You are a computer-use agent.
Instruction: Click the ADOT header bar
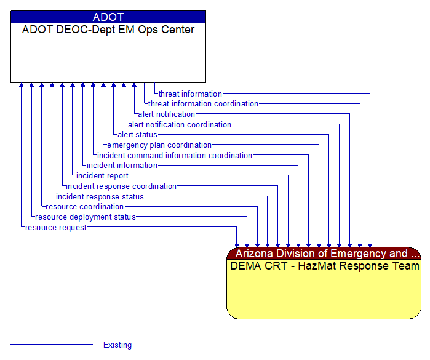(x=108, y=17)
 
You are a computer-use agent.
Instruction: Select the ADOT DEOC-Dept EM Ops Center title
(x=108, y=30)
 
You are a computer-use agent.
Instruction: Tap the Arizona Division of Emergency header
(x=324, y=254)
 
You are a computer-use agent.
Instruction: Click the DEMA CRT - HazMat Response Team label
(x=324, y=266)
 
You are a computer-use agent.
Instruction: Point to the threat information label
(x=190, y=94)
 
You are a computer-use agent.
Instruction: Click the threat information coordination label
(x=203, y=104)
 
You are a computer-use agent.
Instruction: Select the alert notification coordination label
(x=180, y=125)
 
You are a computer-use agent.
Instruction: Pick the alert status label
(x=137, y=135)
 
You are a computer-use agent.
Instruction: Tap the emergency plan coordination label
(x=159, y=145)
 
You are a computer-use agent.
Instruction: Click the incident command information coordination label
(x=175, y=156)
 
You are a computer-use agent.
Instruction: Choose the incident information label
(x=122, y=166)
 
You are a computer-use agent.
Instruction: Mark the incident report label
(x=102, y=176)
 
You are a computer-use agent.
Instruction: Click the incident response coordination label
(x=121, y=186)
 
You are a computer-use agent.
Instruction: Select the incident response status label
(x=100, y=197)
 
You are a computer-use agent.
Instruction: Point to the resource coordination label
(x=84, y=207)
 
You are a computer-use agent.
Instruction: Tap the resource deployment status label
(x=85, y=217)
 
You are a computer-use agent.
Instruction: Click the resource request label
(x=56, y=228)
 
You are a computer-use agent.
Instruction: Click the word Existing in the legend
(x=117, y=345)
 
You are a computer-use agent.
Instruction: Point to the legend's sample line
(x=52, y=345)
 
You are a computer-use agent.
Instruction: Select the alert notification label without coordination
(x=166, y=114)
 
